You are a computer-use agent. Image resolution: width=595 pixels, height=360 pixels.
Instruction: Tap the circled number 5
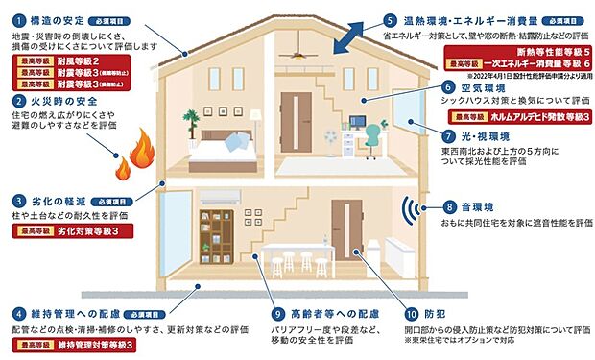pos(390,19)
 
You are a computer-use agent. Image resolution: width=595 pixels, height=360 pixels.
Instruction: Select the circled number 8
pos(449,206)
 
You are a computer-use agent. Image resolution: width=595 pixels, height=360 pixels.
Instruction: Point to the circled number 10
pos(412,313)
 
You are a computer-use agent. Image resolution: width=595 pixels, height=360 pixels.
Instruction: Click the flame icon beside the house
pos(131,156)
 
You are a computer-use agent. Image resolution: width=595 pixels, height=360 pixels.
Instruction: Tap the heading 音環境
pos(481,206)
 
